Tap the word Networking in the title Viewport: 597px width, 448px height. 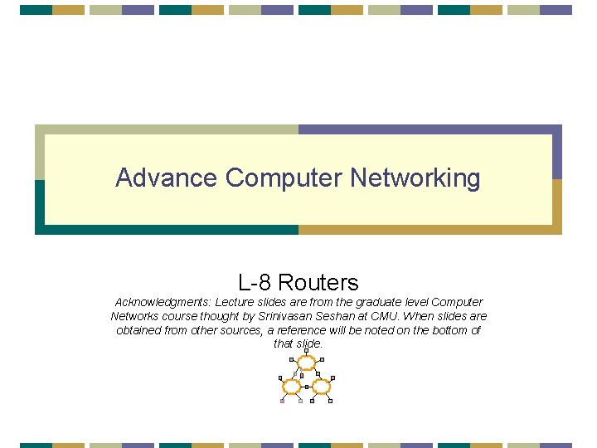pyautogui.click(x=415, y=178)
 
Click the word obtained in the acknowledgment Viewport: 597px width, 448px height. pyautogui.click(x=140, y=330)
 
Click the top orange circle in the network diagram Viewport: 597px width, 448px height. pyautogui.click(x=307, y=362)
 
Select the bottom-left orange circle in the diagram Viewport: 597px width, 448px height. pyautogui.click(x=291, y=387)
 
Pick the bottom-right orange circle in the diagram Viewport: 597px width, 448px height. pyautogui.click(x=322, y=387)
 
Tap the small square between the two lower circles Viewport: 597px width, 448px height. pyautogui.click(x=307, y=387)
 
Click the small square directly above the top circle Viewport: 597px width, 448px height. pyautogui.click(x=307, y=351)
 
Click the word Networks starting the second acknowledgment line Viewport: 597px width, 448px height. pyautogui.click(x=133, y=316)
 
